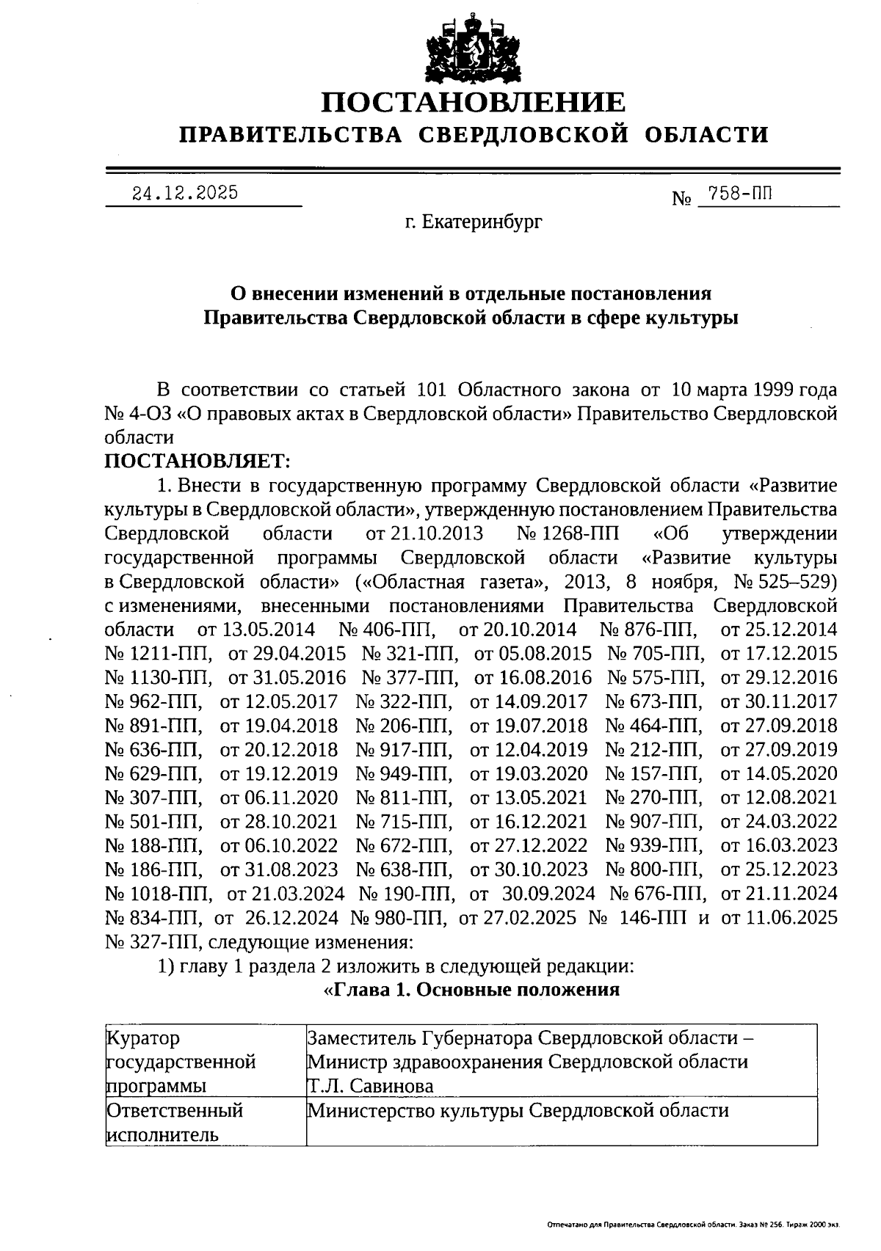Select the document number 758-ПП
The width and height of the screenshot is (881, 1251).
737,194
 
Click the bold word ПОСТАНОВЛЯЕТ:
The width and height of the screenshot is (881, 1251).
197,461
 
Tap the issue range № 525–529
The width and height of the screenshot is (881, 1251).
786,582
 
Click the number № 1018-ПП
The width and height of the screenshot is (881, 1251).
159,894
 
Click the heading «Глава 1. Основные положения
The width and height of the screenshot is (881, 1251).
471,990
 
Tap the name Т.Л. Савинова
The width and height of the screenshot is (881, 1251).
371,1085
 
